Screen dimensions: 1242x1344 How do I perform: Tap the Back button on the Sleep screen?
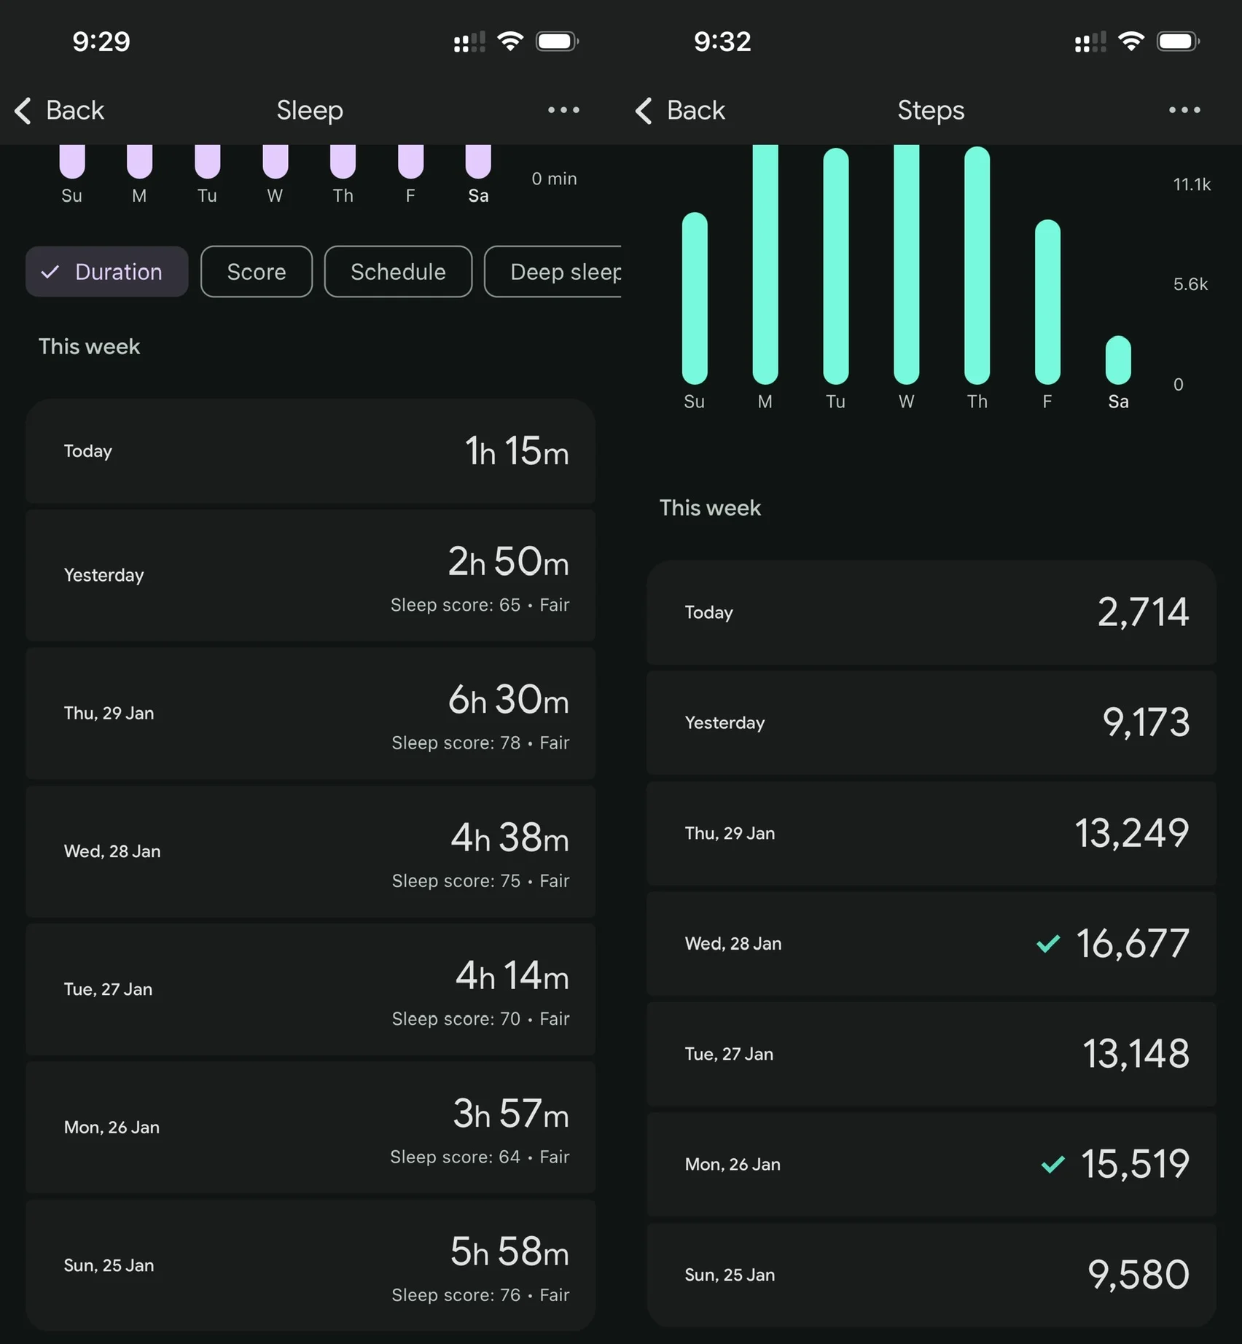click(60, 111)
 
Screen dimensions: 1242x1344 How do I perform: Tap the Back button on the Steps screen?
click(681, 111)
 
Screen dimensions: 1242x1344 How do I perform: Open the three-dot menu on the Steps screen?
click(1184, 110)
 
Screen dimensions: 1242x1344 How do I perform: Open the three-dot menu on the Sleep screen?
click(563, 110)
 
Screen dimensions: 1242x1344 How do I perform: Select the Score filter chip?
click(257, 272)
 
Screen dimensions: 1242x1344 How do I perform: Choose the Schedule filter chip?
click(398, 272)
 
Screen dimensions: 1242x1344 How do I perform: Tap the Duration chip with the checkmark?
click(106, 272)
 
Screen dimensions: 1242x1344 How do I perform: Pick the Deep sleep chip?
click(553, 272)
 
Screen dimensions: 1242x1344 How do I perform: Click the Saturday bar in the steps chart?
click(1118, 360)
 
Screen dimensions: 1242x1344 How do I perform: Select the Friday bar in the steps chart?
click(1047, 302)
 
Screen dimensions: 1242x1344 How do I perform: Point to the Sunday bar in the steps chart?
click(695, 298)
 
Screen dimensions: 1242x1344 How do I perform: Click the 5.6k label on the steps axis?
click(1190, 284)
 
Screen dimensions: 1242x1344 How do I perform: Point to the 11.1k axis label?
click(1192, 184)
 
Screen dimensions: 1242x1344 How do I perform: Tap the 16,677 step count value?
click(1133, 943)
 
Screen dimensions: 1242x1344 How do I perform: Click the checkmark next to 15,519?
click(1052, 1164)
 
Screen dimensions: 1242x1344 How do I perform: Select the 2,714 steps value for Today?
click(1143, 612)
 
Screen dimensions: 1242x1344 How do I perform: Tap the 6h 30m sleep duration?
click(508, 700)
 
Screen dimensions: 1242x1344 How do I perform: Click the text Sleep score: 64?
click(455, 1157)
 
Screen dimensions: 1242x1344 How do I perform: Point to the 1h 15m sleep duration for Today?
click(517, 451)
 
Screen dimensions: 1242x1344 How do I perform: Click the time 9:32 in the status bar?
click(722, 42)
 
